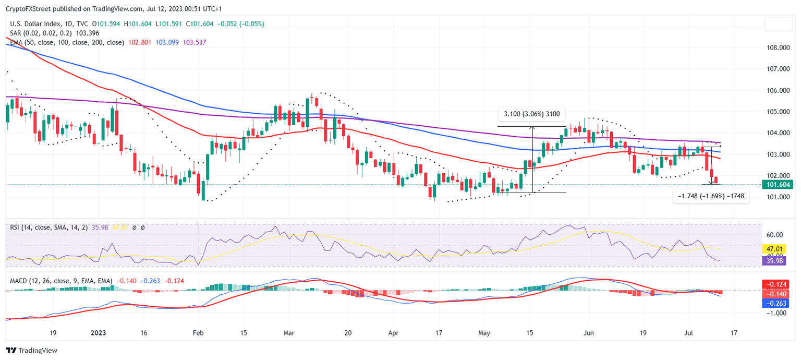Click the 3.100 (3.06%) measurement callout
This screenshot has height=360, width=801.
tap(531, 114)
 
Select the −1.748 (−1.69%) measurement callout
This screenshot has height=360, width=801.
tap(710, 196)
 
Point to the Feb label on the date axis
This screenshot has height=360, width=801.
tap(197, 332)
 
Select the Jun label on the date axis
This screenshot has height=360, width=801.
tap(589, 332)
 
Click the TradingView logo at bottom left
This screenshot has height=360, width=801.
tap(31, 351)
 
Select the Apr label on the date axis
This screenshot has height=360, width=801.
tap(394, 332)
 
